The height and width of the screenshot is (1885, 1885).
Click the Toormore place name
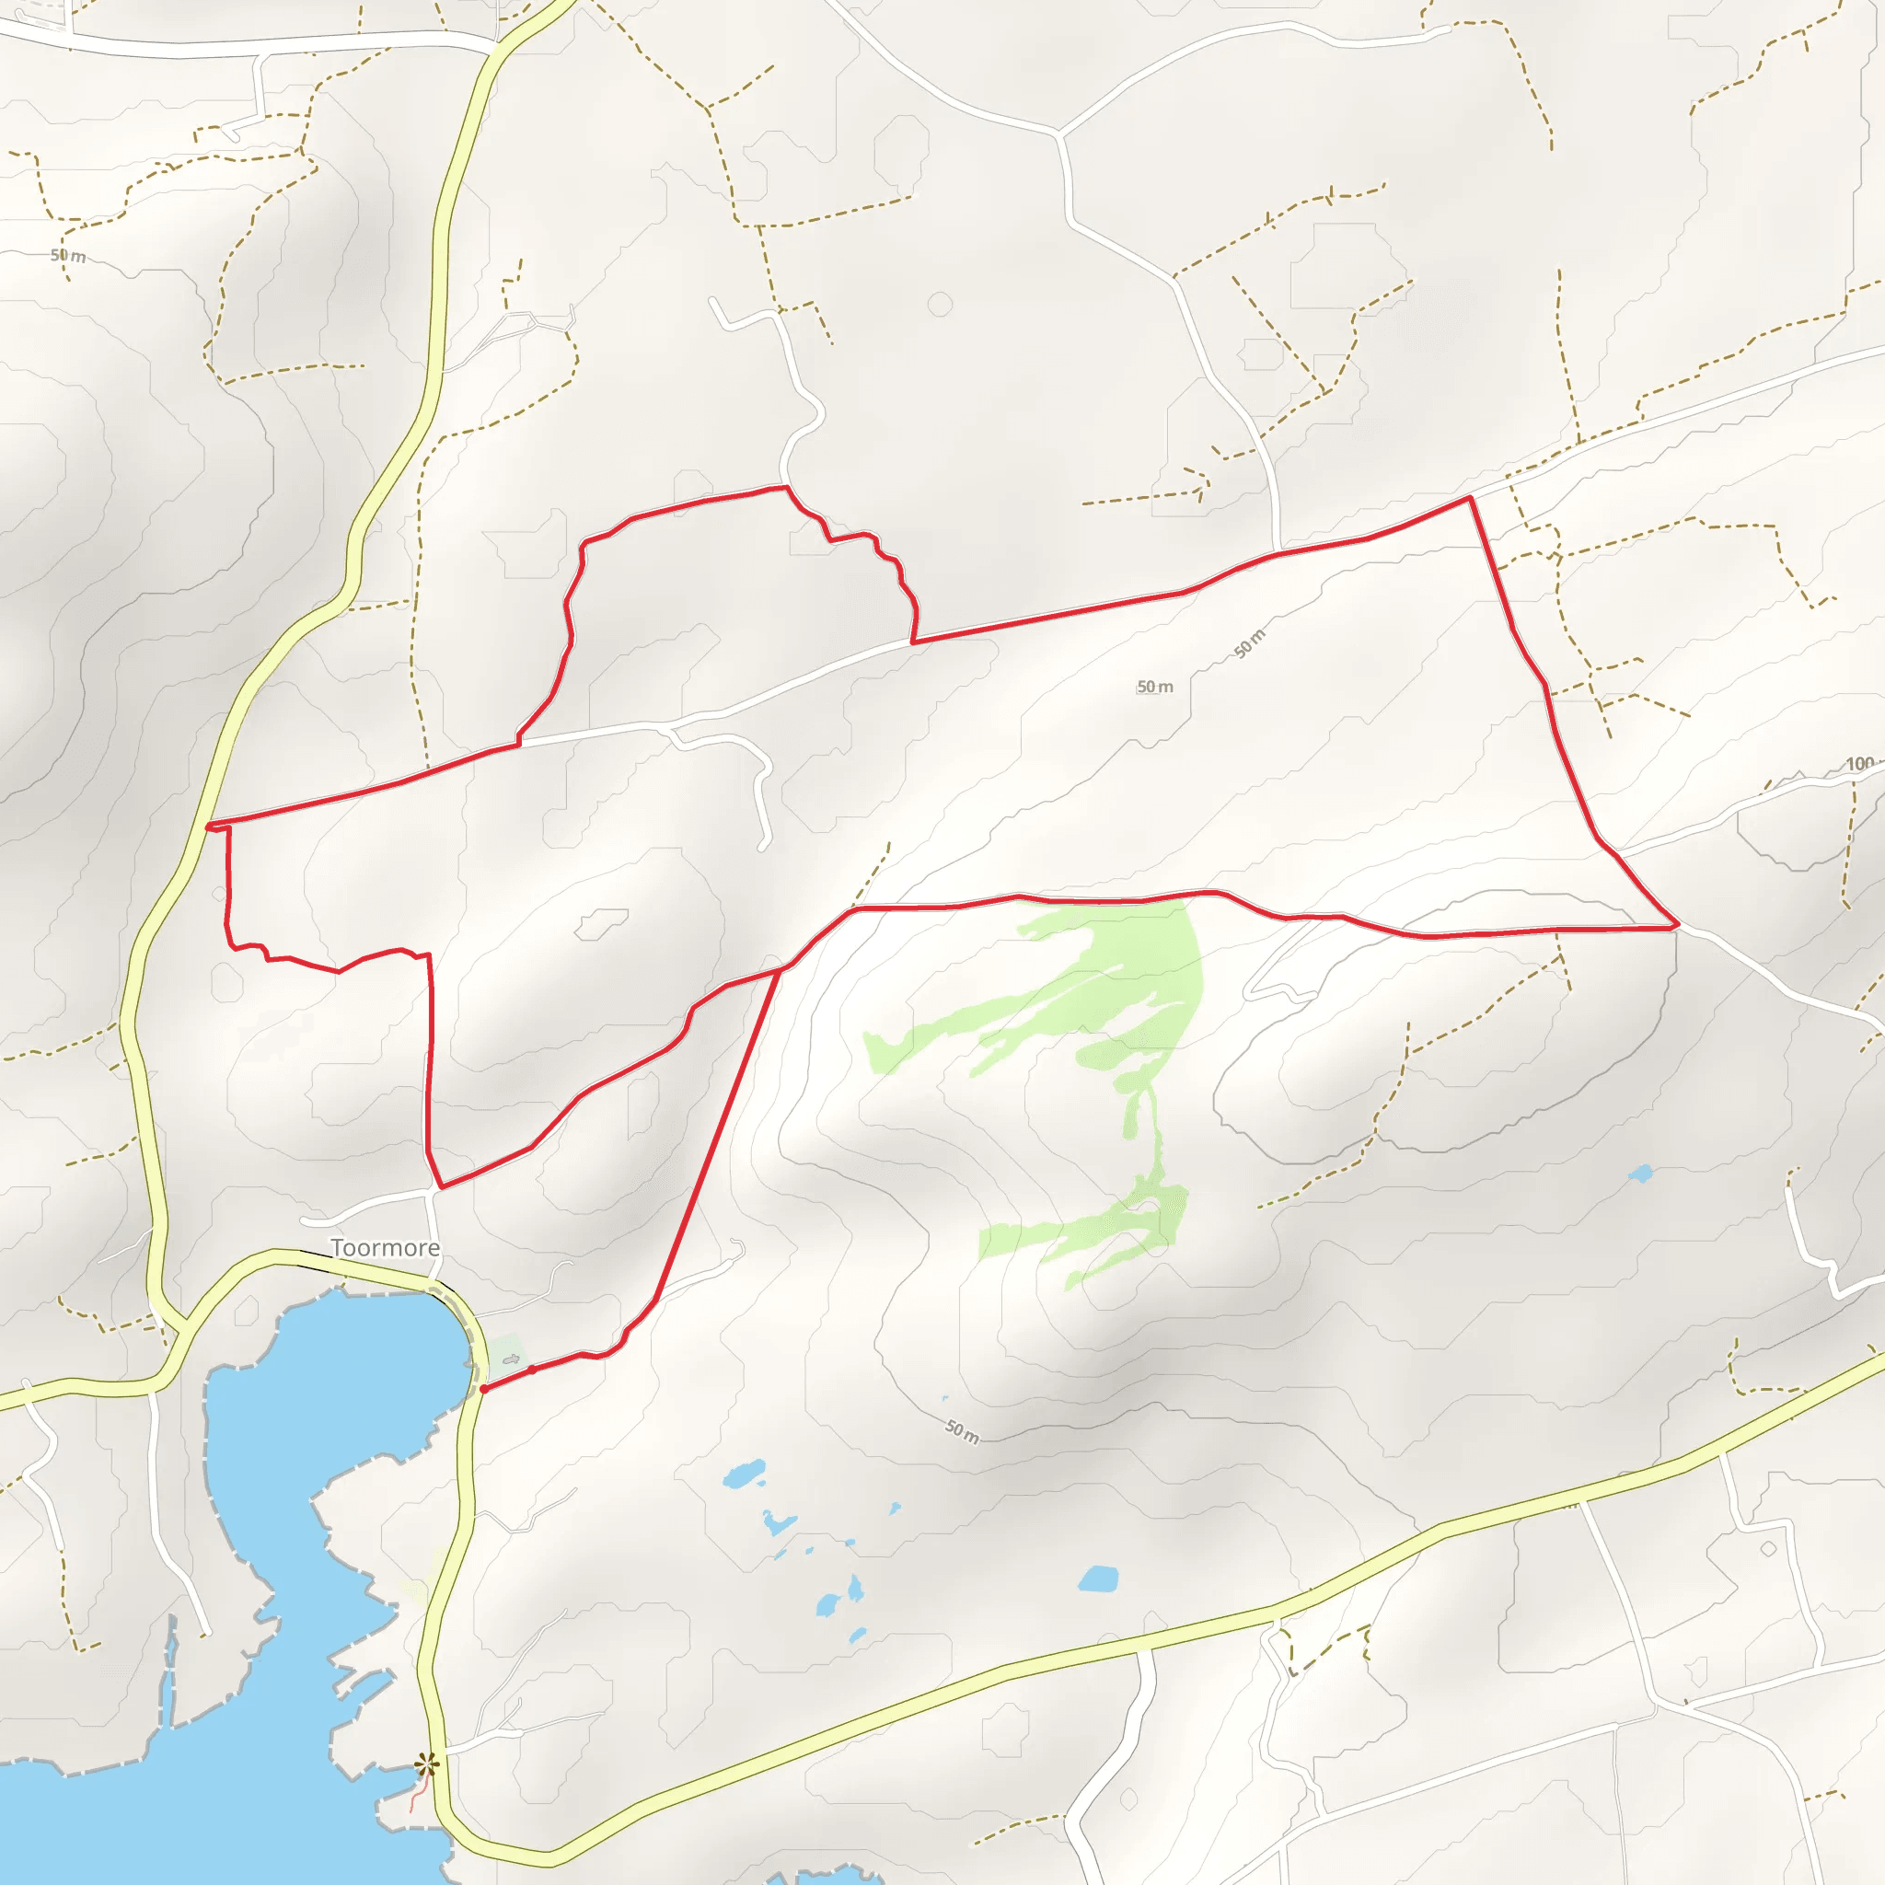[x=385, y=1248]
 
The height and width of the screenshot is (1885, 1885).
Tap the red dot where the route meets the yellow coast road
[x=484, y=1388]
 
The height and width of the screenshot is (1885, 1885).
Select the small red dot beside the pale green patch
[x=532, y=1370]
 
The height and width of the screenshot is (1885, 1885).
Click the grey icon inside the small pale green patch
[x=510, y=1359]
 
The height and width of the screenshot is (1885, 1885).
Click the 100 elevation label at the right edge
[x=1859, y=764]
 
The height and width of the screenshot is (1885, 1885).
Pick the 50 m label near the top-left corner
[x=68, y=256]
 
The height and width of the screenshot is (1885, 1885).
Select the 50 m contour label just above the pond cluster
[x=962, y=1431]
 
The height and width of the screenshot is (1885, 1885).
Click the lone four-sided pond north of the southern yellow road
[x=1099, y=1579]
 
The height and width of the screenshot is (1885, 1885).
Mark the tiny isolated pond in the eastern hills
[x=1640, y=1174]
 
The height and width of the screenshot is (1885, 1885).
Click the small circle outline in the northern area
[x=940, y=305]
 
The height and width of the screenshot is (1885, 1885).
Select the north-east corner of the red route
[x=1470, y=498]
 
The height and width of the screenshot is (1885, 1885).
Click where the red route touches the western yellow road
[x=209, y=827]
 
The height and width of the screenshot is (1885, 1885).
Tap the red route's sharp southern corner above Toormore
[x=441, y=1186]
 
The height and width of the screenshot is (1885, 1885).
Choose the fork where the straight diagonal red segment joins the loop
[x=781, y=969]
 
